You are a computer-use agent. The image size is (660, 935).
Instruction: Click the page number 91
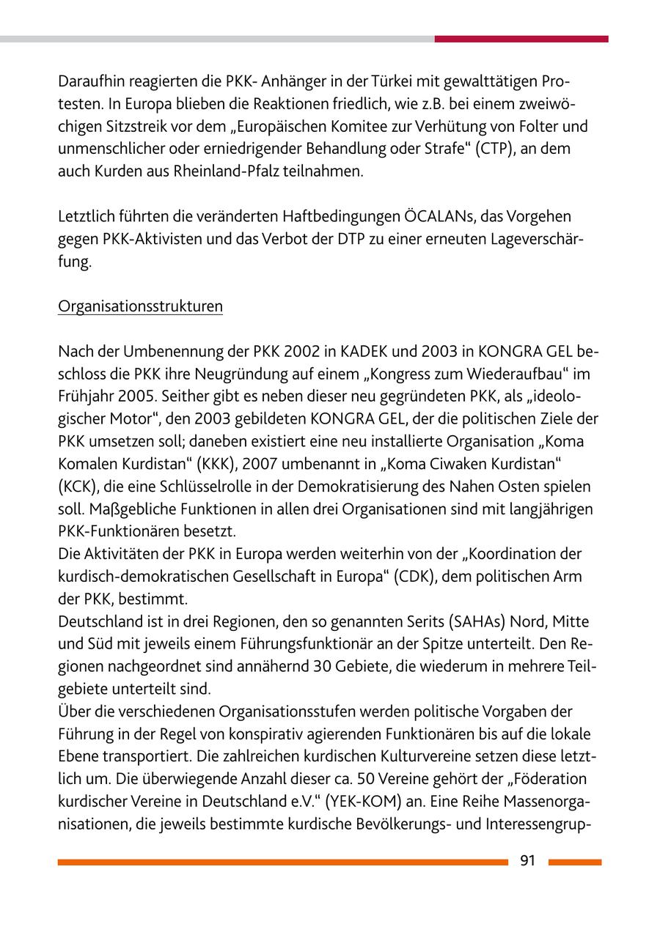(x=528, y=862)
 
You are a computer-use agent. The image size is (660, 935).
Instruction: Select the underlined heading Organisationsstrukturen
(x=140, y=306)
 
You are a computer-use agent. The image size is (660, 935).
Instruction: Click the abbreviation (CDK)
(x=414, y=577)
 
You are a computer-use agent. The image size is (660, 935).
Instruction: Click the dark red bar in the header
(x=521, y=39)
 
